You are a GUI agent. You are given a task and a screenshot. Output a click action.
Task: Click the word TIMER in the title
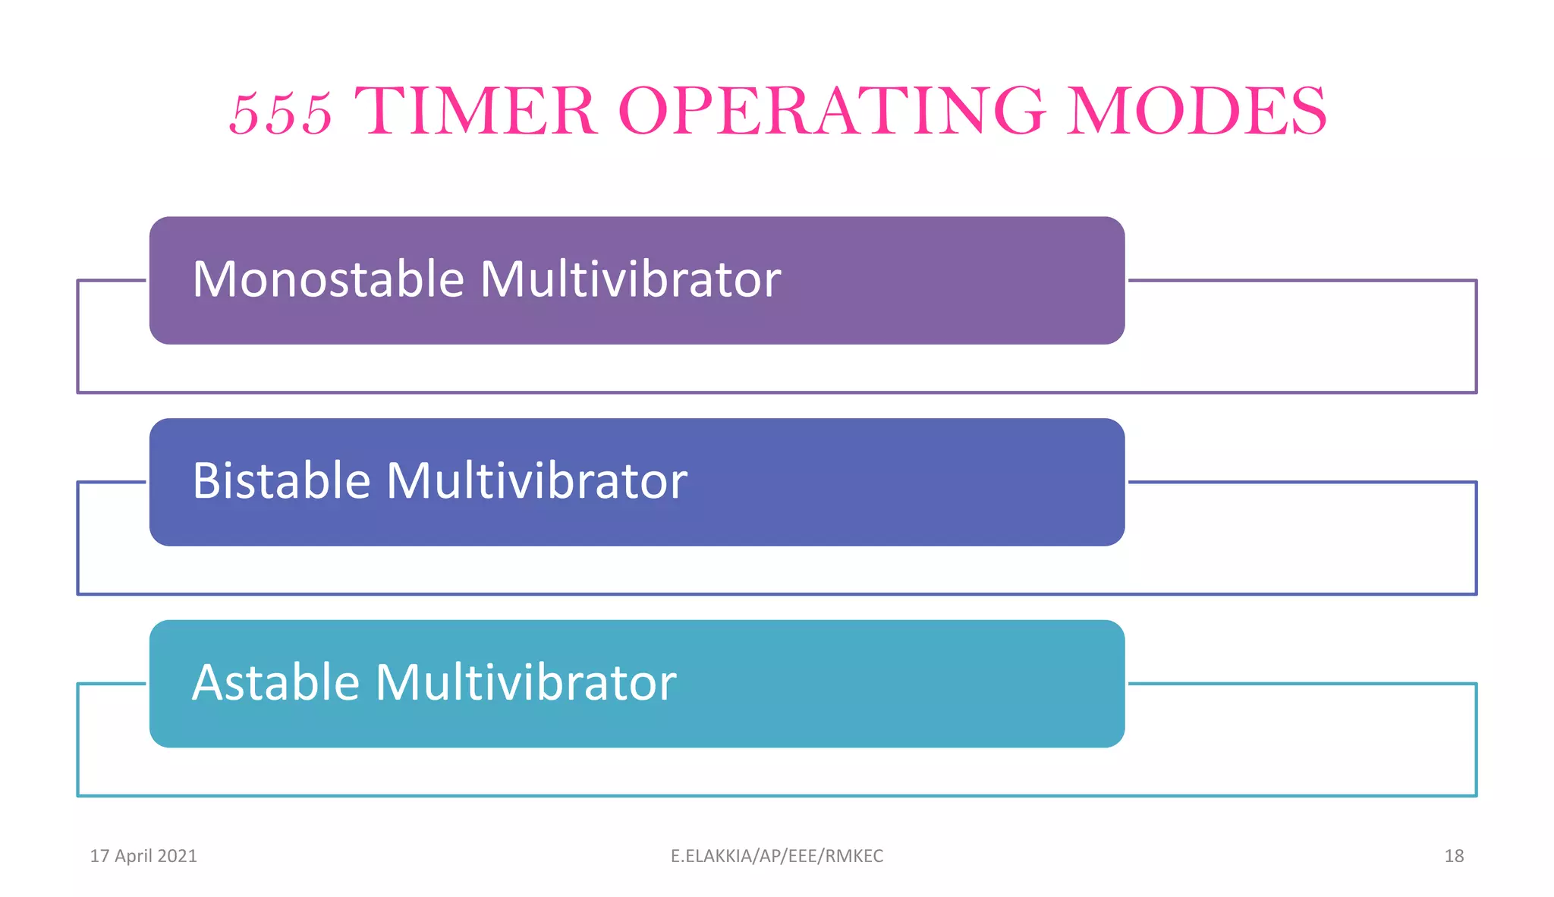(x=475, y=112)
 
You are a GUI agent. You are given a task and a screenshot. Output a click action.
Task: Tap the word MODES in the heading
(x=1197, y=112)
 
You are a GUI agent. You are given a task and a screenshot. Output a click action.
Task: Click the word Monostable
(x=328, y=279)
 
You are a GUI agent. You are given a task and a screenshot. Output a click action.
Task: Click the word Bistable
(x=282, y=481)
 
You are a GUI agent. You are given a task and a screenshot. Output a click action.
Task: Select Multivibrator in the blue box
(x=536, y=481)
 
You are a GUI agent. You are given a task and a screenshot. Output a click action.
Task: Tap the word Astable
(x=275, y=682)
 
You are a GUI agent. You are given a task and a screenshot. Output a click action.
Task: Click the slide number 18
(x=1454, y=856)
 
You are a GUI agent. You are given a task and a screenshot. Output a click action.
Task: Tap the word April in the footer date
(x=134, y=856)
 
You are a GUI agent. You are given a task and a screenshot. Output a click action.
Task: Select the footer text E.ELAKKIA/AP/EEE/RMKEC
(x=777, y=856)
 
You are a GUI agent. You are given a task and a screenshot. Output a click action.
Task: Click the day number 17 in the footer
(x=99, y=856)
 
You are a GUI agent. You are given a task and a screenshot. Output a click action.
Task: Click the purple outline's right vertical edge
(x=1476, y=336)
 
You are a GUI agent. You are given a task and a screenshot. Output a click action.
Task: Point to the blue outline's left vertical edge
(x=77, y=538)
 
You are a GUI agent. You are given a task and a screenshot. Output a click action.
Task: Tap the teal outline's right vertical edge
(x=1476, y=740)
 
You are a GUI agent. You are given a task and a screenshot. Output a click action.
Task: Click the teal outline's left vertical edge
(x=77, y=740)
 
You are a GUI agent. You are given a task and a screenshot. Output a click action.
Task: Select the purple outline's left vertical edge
(x=77, y=336)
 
